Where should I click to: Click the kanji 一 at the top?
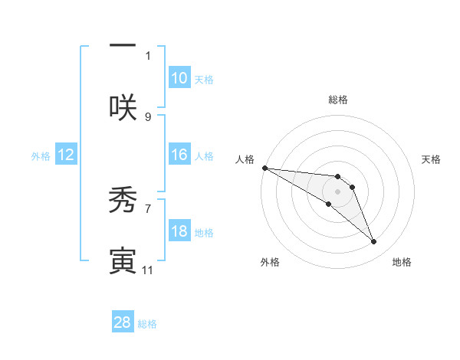[x=123, y=44]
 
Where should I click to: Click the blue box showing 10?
[x=179, y=77]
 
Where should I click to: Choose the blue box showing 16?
[x=179, y=154]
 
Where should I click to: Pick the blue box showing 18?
[x=179, y=231]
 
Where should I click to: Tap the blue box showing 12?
[x=66, y=155]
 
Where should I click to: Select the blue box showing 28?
[x=123, y=322]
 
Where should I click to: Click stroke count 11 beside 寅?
[x=148, y=270]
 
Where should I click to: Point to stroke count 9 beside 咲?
[x=148, y=116]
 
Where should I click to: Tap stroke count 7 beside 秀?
[x=148, y=208]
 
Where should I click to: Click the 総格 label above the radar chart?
[x=338, y=100]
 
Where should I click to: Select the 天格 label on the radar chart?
[x=432, y=159]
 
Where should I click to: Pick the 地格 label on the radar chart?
[x=402, y=262]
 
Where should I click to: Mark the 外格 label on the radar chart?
[x=270, y=262]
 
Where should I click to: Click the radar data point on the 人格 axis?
[x=264, y=168]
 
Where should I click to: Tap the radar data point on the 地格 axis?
[x=374, y=242]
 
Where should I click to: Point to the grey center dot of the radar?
[x=337, y=191]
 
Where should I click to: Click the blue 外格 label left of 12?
[x=41, y=155]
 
